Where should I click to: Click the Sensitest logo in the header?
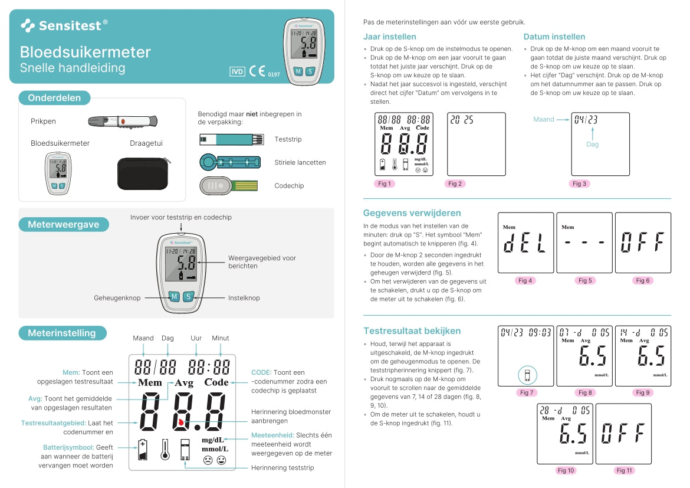point(64,25)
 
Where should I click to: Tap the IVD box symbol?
point(237,72)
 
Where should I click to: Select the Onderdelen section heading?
point(54,98)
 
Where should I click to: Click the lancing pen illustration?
point(123,122)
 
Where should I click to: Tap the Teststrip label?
point(287,139)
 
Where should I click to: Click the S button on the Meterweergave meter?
point(188,297)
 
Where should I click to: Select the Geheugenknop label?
point(117,298)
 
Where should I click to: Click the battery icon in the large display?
point(142,450)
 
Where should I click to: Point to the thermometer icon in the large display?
point(165,450)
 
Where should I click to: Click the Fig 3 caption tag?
point(580,184)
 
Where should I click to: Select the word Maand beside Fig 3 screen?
point(543,119)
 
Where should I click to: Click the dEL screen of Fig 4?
point(525,243)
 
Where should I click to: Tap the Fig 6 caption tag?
point(643,280)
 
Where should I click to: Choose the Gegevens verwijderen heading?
point(412,213)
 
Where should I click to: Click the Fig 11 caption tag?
point(624,470)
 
